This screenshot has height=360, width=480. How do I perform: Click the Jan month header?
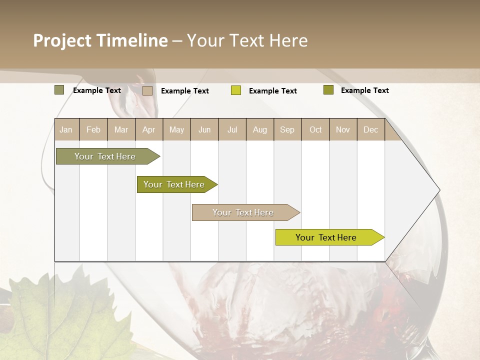[66, 129]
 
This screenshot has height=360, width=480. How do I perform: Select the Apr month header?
[148, 129]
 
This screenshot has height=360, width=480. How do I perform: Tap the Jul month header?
[232, 129]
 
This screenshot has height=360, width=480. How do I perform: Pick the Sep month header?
[287, 129]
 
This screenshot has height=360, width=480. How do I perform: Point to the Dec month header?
[370, 129]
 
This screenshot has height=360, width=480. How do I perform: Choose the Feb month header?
[93, 129]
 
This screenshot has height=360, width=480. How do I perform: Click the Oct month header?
[315, 129]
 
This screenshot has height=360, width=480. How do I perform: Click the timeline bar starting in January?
[105, 156]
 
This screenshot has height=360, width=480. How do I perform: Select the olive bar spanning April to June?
[174, 184]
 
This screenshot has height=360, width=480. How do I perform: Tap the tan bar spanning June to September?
[243, 212]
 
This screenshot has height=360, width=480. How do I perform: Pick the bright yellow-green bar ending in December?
[326, 237]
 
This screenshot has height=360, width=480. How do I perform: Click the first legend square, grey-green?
[59, 90]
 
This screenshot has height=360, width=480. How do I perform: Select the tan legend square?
[147, 90]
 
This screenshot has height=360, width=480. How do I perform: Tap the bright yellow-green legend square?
[236, 90]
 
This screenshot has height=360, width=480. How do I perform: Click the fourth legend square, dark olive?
[328, 90]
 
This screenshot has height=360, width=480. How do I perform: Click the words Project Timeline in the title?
[100, 40]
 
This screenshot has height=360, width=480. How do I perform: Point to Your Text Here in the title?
[247, 40]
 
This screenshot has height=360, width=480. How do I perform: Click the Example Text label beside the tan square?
[185, 91]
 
